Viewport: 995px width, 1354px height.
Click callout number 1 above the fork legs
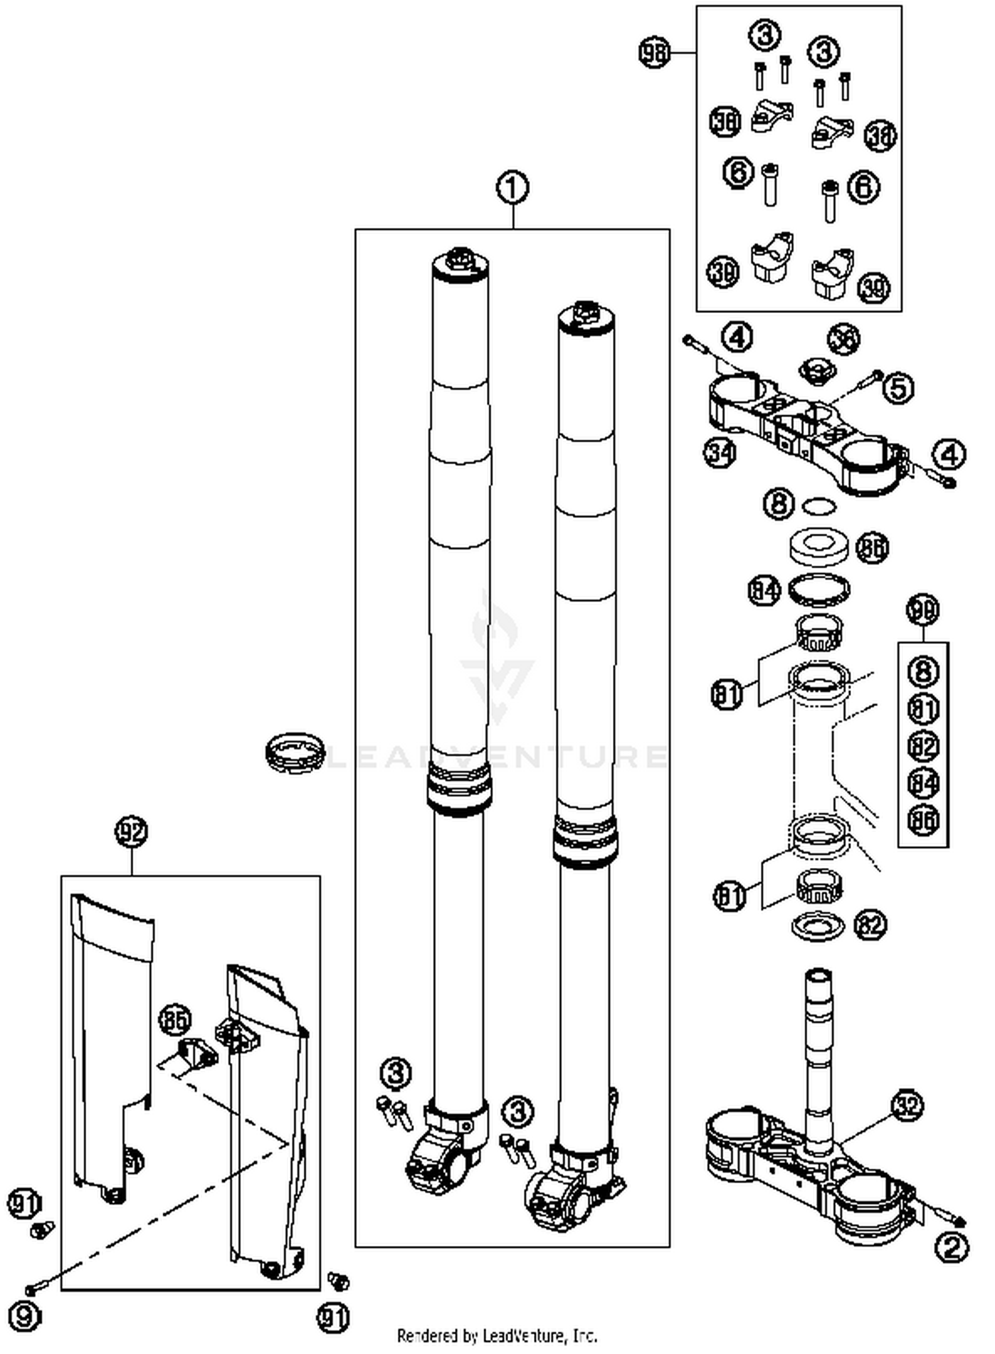pyautogui.click(x=513, y=188)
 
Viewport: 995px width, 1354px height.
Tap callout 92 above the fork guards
pyautogui.click(x=131, y=832)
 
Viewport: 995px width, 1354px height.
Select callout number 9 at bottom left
pyautogui.click(x=24, y=1316)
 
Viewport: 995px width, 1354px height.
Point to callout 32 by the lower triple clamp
pyautogui.click(x=907, y=1106)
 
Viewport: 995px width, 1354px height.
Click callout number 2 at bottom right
pyautogui.click(x=951, y=1249)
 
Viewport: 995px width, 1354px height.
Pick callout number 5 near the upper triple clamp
pyautogui.click(x=897, y=388)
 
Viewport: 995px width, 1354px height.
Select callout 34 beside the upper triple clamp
pyautogui.click(x=720, y=454)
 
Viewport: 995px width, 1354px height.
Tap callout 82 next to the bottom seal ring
pyautogui.click(x=870, y=925)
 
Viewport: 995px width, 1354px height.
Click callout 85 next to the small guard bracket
pyautogui.click(x=174, y=1020)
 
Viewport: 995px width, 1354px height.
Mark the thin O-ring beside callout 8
pyautogui.click(x=819, y=506)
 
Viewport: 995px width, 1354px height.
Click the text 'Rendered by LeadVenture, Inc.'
pyautogui.click(x=497, y=1335)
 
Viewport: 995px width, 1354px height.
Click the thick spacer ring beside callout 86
pyautogui.click(x=819, y=545)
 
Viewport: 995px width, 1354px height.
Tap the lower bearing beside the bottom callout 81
pyautogui.click(x=819, y=887)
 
